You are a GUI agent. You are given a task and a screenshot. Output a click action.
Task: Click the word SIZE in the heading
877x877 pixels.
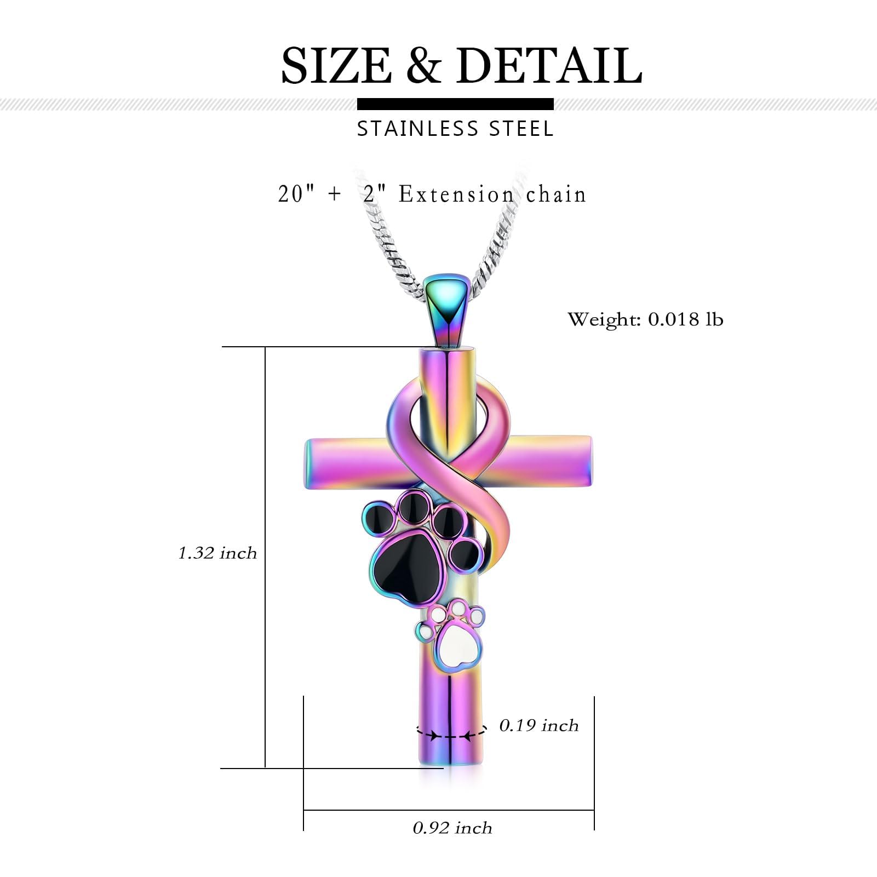[336, 65]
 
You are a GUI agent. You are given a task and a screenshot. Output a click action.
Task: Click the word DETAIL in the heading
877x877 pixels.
[549, 65]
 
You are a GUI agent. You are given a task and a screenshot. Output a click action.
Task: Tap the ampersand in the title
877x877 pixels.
[423, 65]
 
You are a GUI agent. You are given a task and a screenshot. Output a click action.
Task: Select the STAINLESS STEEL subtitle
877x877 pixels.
[455, 129]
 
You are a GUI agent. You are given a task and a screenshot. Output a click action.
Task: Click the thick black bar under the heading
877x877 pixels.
[455, 104]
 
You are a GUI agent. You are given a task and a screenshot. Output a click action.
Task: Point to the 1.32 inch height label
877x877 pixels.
[217, 553]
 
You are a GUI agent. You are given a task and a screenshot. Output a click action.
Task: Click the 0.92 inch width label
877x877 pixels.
[452, 828]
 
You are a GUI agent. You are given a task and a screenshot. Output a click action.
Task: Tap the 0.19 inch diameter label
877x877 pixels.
[539, 725]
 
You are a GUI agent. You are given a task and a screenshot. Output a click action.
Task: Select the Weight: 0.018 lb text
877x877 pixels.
[645, 319]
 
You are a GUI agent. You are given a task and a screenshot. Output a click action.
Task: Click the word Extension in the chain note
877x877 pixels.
[456, 194]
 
